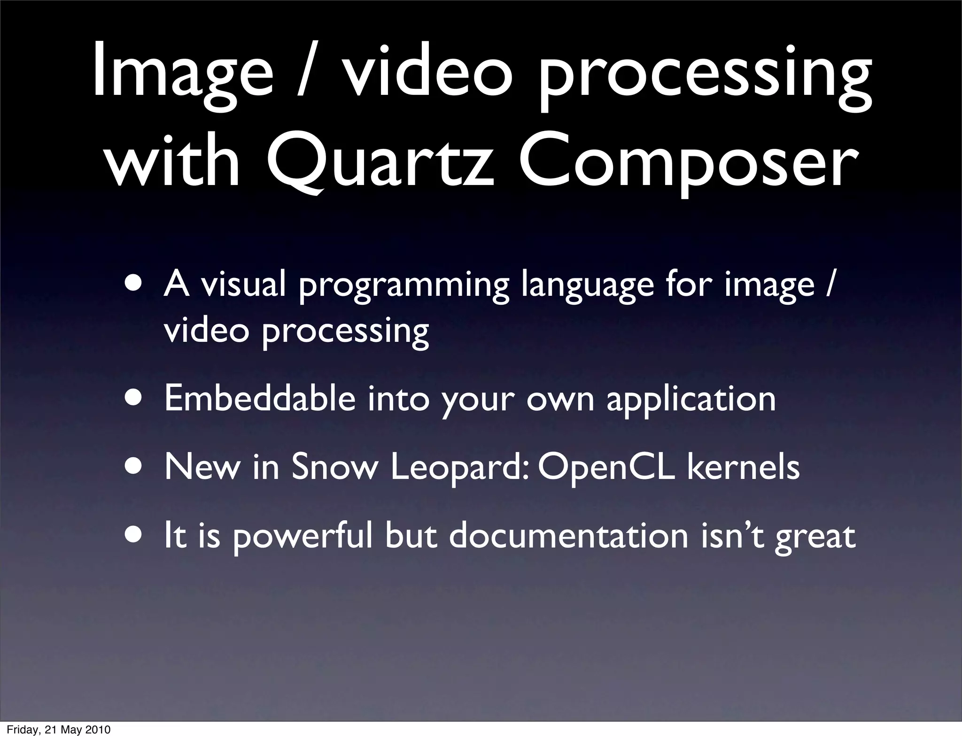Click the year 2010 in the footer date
click(x=98, y=730)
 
